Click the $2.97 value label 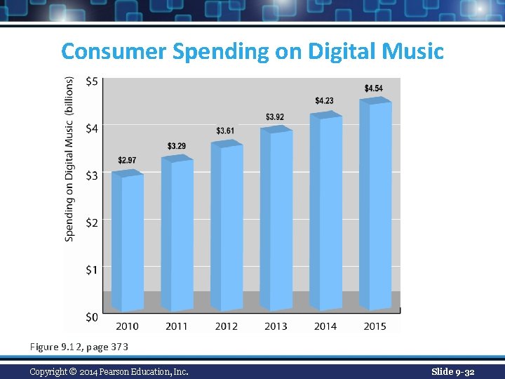tap(127, 161)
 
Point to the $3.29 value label tap(177, 146)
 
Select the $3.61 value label tap(225, 131)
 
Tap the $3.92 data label tap(275, 117)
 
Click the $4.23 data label tap(324, 101)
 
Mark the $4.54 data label tap(374, 88)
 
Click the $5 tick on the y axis tap(92, 81)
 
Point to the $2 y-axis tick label tap(92, 222)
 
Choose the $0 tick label tap(92, 317)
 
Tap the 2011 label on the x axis tap(177, 326)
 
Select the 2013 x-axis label tap(276, 326)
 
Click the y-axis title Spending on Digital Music tap(69, 160)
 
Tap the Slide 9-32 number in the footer tap(452, 371)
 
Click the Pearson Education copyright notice tap(109, 371)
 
